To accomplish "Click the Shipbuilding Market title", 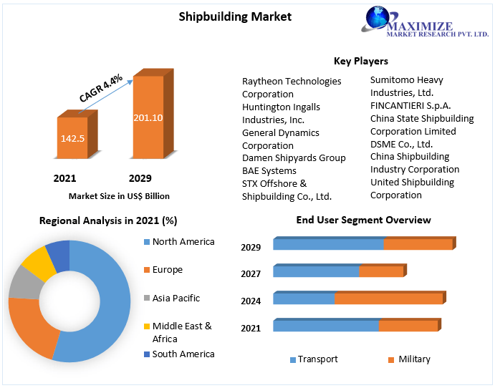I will [x=235, y=16].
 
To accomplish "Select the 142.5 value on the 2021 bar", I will [x=72, y=137].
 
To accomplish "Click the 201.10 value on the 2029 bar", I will [x=148, y=117].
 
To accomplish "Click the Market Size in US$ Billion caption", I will [x=119, y=195].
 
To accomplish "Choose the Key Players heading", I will [x=361, y=61].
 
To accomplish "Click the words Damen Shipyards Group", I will [x=294, y=157].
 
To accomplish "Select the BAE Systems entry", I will [x=269, y=170].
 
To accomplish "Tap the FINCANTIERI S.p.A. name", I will [x=410, y=105].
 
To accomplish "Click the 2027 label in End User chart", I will [x=251, y=273].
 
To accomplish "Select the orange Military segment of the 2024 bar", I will [x=388, y=299].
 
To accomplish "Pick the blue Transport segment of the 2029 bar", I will [x=328, y=244].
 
